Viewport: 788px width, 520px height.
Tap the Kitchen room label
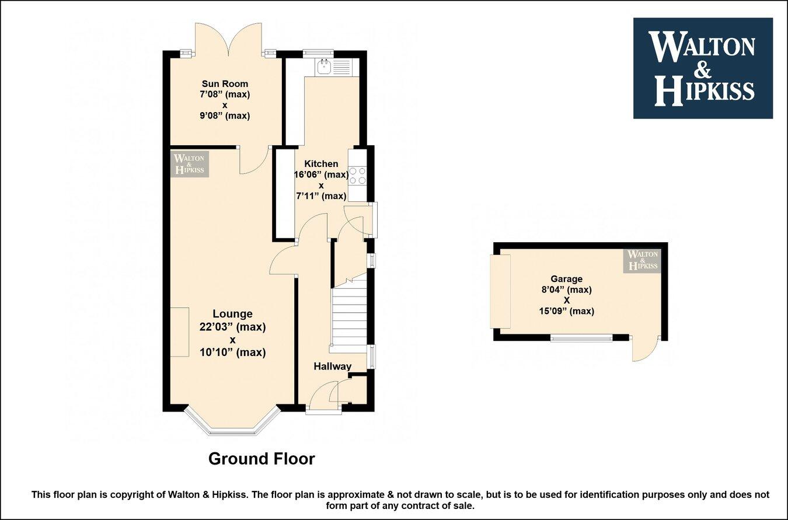coord(320,164)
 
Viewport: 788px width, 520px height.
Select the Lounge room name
coord(232,314)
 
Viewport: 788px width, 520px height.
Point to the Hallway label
coord(332,367)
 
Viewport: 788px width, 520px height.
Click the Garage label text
coord(566,279)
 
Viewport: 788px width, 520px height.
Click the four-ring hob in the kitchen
coord(357,176)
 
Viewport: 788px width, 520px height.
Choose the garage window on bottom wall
coord(581,338)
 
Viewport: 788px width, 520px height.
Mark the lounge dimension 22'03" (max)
coord(232,327)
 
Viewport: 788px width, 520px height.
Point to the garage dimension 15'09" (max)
coord(566,311)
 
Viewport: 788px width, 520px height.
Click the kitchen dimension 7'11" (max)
coord(320,196)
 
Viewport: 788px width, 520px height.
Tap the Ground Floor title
coord(261,459)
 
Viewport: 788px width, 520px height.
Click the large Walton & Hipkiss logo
coord(703,68)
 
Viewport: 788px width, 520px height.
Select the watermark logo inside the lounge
coord(189,163)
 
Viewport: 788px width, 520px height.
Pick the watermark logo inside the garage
coord(641,260)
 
